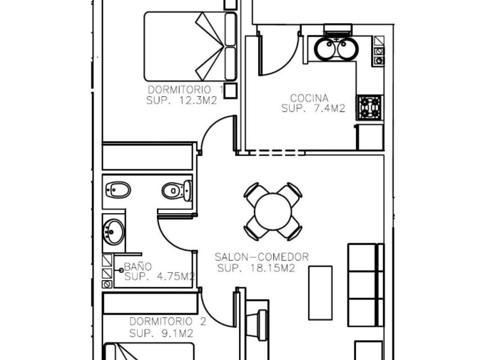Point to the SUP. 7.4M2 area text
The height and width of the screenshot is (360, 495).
click(313, 109)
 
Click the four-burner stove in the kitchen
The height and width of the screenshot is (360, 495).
click(370, 107)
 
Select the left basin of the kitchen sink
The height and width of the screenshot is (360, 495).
click(325, 49)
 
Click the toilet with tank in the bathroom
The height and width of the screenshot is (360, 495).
click(175, 190)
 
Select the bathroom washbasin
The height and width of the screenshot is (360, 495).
click(114, 231)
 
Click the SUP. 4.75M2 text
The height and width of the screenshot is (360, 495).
click(159, 277)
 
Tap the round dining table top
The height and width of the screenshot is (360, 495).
click(273, 211)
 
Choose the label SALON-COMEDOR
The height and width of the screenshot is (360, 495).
click(262, 257)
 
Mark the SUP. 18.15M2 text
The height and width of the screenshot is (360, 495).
click(256, 268)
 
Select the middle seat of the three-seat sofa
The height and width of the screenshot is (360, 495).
click(363, 285)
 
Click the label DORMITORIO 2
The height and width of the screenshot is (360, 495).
click(168, 322)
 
